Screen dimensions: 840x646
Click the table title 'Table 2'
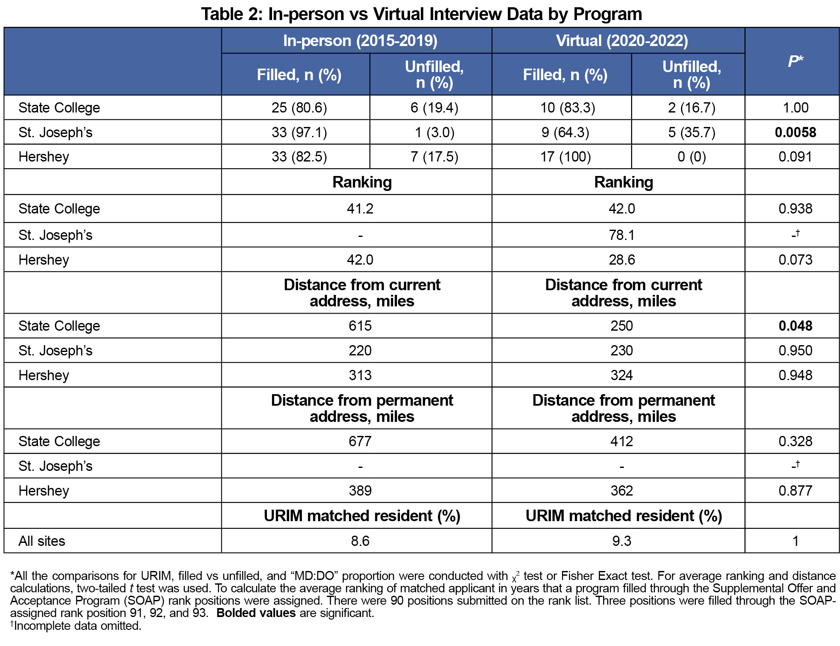(230, 14)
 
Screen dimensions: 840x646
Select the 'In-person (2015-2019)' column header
(360, 41)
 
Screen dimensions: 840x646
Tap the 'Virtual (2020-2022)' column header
(622, 41)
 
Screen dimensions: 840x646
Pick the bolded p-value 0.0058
(795, 133)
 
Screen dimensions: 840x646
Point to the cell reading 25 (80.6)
(299, 108)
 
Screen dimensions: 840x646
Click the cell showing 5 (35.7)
(692, 133)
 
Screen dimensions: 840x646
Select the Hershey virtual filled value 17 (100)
(565, 157)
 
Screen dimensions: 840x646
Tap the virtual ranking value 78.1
(622, 235)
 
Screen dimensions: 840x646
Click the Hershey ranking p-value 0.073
(795, 260)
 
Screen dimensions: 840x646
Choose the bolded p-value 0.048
(795, 326)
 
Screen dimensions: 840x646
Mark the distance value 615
(360, 326)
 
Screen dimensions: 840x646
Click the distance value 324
(622, 375)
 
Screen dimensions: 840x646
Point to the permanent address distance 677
(360, 441)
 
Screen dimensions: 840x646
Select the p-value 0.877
(795, 491)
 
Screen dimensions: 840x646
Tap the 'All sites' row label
(42, 541)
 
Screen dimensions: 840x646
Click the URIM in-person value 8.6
(360, 541)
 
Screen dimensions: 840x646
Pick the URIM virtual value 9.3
(622, 541)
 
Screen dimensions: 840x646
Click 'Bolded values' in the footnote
(256, 613)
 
